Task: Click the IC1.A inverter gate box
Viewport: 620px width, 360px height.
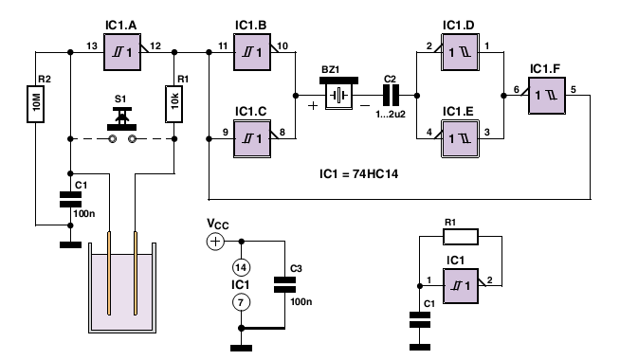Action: (x=122, y=52)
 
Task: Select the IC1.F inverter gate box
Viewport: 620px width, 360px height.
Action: (x=547, y=96)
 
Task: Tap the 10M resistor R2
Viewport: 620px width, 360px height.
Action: (x=36, y=104)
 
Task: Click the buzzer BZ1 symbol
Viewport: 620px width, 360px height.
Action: (x=338, y=93)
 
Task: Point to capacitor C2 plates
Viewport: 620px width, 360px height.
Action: (x=391, y=96)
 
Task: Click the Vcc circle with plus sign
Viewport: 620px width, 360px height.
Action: (x=215, y=242)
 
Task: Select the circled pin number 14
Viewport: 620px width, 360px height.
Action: (x=241, y=267)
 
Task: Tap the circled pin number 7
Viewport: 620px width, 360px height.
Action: (x=241, y=303)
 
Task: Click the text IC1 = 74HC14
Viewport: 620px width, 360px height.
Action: (x=358, y=174)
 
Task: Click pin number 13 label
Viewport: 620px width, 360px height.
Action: (x=92, y=46)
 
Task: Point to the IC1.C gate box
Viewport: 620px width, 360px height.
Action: (x=252, y=139)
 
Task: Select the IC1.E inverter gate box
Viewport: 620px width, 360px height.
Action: (x=460, y=138)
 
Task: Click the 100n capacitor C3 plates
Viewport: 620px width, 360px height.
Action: (x=284, y=284)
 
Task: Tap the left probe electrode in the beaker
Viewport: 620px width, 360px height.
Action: (x=109, y=274)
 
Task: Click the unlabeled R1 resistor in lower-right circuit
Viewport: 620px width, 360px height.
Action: (x=461, y=237)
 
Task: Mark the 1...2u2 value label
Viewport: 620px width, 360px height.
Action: (x=391, y=115)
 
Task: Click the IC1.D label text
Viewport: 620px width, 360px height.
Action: (x=459, y=26)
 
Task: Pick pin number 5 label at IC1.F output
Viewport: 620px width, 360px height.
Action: (x=574, y=89)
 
